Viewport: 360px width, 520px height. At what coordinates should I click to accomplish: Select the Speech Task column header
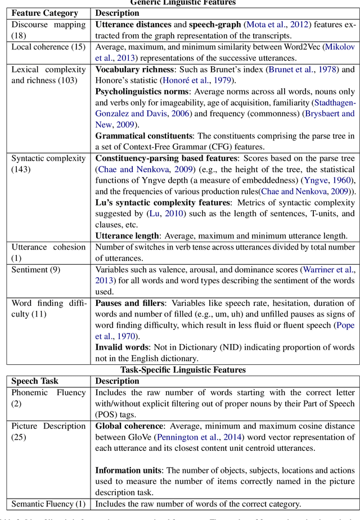point(35,381)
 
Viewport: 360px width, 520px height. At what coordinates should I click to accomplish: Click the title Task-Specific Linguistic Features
point(183,369)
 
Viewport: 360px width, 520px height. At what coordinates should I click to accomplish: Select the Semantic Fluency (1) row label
point(48,504)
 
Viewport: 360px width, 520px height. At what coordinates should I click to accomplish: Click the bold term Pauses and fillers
point(130,304)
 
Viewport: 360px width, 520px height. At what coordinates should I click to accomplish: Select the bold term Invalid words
point(121,347)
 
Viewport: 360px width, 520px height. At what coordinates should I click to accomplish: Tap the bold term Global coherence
point(129,426)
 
